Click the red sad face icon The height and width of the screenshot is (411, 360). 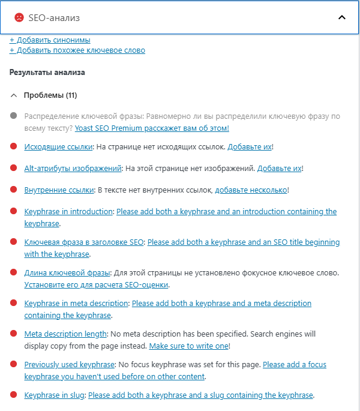pos(19,17)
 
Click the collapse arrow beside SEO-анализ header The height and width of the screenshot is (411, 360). pos(342,17)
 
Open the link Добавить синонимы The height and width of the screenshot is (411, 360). pos(50,40)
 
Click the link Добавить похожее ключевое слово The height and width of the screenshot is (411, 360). pos(77,50)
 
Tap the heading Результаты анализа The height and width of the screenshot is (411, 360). pos(47,73)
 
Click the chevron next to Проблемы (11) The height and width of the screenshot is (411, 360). pos(13,95)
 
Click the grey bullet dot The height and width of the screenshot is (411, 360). pos(13,116)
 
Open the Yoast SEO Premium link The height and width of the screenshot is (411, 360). pos(152,128)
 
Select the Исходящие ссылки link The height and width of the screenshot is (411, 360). pos(58,146)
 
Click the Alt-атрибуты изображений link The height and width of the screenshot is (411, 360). pos(73,169)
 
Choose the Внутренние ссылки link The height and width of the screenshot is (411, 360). pos(59,190)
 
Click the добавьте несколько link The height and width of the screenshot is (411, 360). pos(251,190)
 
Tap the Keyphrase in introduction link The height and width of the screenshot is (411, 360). pos(68,212)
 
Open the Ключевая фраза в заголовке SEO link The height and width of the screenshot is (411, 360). pos(84,242)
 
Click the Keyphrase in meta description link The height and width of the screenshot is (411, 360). pos(76,304)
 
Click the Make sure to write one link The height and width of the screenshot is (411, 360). pos(188,346)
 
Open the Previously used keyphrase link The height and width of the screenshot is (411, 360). pos(69,365)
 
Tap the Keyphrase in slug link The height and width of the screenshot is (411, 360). pos(55,395)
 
